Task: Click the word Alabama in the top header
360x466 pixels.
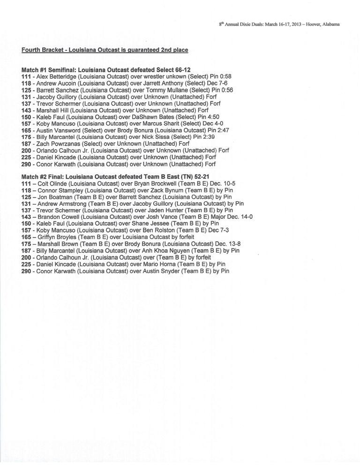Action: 331,24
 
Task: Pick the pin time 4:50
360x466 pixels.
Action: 212,117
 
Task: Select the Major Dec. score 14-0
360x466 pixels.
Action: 245,217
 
